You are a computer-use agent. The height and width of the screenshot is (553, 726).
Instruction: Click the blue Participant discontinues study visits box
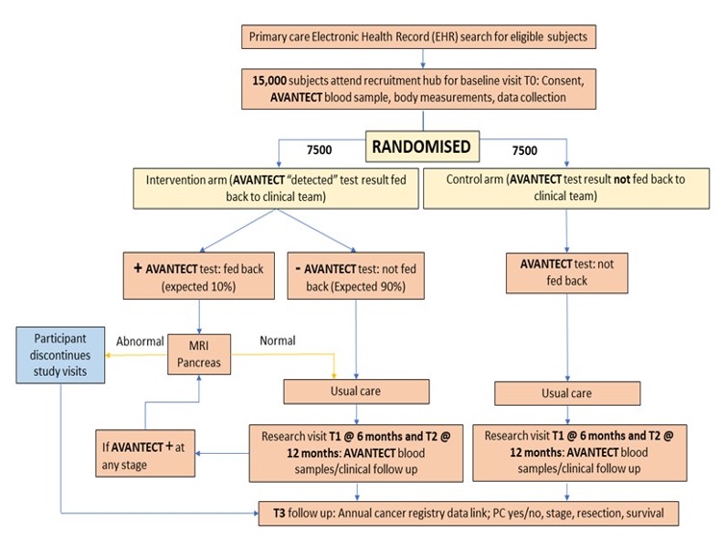pos(61,353)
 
